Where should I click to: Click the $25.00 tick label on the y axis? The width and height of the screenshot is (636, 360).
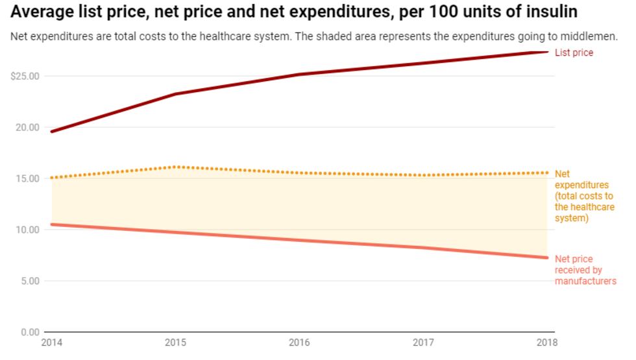click(25, 76)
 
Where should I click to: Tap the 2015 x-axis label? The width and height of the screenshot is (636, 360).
click(175, 342)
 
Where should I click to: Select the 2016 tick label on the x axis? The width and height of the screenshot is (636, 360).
click(299, 342)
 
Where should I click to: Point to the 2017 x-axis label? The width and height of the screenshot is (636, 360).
click(422, 342)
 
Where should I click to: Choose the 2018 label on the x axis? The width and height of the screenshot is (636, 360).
click(546, 342)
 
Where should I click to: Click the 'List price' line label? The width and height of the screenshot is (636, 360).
click(574, 53)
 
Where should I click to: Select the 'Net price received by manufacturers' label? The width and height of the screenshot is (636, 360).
click(585, 270)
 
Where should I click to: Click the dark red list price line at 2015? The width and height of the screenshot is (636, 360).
click(175, 94)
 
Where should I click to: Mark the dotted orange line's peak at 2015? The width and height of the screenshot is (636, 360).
click(175, 167)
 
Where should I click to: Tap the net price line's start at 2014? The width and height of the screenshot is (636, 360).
click(51, 224)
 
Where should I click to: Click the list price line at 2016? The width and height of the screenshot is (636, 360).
click(299, 75)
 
